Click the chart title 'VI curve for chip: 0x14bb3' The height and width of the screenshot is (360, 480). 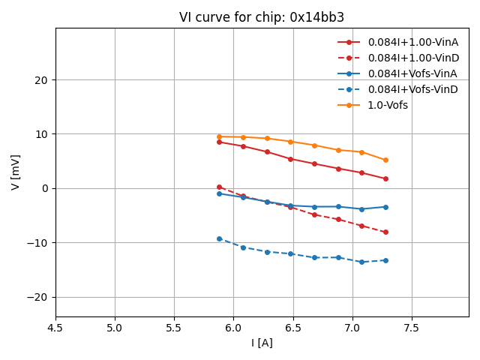click(262, 17)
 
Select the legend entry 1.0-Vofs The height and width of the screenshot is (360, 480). click(388, 105)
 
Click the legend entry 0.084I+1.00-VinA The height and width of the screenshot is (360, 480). click(412, 42)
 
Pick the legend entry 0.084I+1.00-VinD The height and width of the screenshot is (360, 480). click(412, 58)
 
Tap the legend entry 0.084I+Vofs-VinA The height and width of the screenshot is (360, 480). click(412, 73)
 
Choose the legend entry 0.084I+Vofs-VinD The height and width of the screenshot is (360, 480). click(412, 89)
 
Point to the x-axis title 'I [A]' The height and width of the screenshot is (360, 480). click(262, 343)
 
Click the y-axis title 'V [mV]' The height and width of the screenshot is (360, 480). click(16, 172)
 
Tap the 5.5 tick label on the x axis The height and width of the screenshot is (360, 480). click(174, 328)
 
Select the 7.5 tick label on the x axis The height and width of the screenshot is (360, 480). click(412, 328)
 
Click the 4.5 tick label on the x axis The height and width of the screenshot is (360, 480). click(55, 328)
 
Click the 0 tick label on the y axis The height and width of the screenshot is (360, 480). click(46, 188)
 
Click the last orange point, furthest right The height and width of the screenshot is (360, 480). click(385, 160)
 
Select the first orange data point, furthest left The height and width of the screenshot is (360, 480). click(219, 136)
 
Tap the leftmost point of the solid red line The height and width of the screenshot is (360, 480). click(219, 142)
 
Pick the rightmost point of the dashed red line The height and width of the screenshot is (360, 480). click(385, 232)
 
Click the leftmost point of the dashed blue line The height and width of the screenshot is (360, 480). click(219, 238)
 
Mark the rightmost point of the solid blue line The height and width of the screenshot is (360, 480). click(385, 207)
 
